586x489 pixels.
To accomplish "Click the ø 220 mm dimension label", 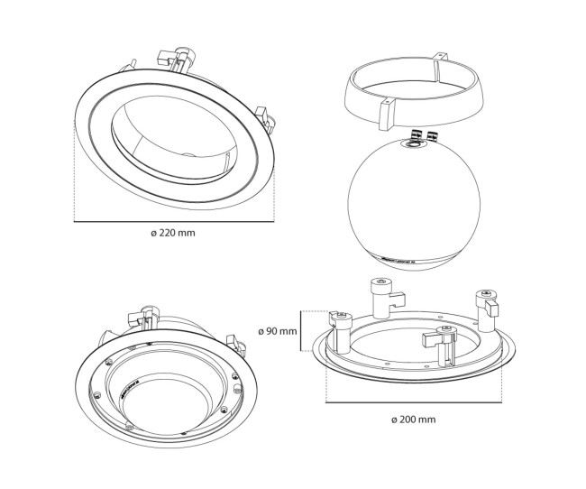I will click(174, 233).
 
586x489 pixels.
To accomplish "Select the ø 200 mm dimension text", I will click(414, 420).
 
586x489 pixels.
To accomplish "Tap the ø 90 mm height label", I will click(277, 330).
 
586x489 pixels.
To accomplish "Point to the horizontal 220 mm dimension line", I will click(174, 221).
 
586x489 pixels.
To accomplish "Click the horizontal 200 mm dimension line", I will click(414, 403).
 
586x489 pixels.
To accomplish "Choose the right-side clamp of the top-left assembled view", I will click(263, 118).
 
